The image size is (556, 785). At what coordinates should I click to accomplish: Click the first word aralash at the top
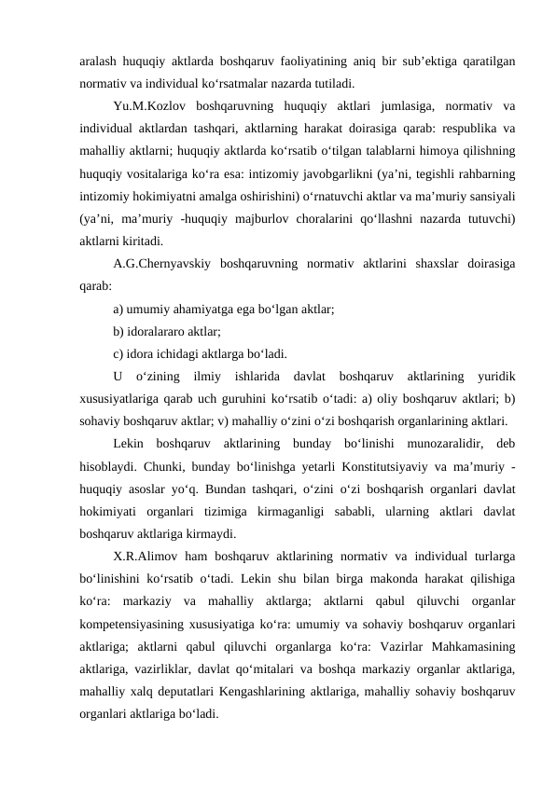[x=100, y=60]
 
